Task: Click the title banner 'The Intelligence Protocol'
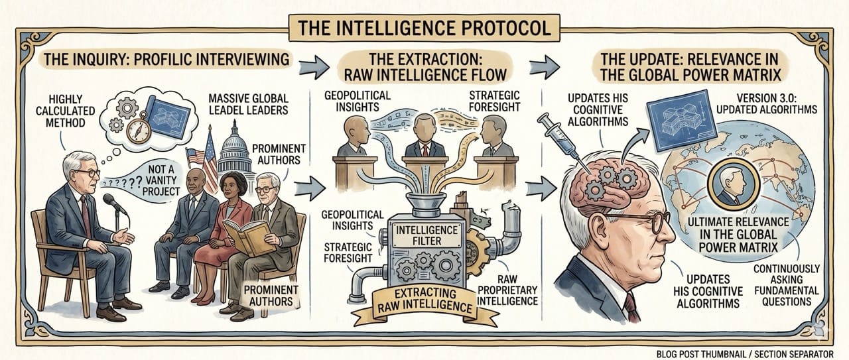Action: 424,29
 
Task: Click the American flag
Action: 198,156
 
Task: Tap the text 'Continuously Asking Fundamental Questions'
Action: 787,285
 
